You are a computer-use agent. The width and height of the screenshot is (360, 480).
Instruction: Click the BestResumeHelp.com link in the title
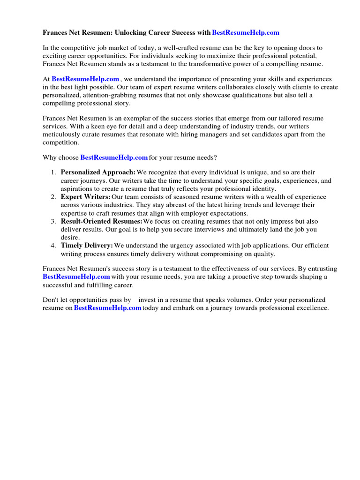[246, 32]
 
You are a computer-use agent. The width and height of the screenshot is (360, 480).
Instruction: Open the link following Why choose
[114, 157]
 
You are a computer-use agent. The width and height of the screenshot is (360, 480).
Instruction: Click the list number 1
[53, 172]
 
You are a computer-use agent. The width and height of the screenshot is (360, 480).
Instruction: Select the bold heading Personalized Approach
[98, 172]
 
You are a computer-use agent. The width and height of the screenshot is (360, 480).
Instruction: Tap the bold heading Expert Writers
[86, 197]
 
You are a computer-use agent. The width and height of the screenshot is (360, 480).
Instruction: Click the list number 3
[53, 221]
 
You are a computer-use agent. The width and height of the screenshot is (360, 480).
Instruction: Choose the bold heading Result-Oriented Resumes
[101, 221]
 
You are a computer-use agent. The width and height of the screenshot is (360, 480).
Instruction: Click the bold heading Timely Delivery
[87, 245]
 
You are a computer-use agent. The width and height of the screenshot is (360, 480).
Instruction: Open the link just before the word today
[108, 308]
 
